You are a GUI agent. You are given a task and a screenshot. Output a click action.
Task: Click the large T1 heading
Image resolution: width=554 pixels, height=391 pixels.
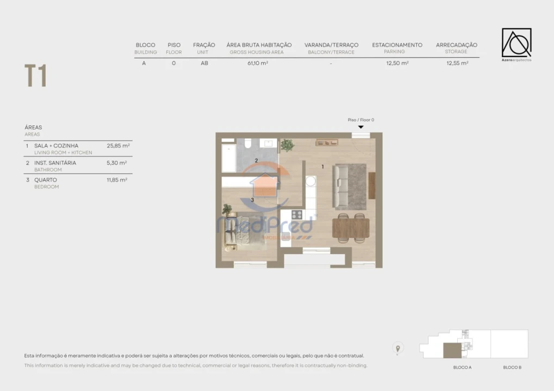(x=35, y=75)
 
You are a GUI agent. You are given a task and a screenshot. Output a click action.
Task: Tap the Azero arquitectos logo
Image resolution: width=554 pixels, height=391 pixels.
(x=516, y=43)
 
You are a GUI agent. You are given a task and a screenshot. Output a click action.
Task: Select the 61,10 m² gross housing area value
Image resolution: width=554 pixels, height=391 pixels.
(x=258, y=63)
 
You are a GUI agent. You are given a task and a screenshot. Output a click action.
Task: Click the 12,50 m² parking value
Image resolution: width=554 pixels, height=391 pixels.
(x=397, y=63)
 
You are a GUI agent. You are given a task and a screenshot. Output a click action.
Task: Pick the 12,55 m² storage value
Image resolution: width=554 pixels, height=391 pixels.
(x=457, y=63)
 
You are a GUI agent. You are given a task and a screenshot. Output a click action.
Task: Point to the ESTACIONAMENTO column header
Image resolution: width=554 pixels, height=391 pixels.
(x=397, y=45)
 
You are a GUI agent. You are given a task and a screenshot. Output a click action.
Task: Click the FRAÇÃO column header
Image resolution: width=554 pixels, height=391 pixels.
(x=204, y=45)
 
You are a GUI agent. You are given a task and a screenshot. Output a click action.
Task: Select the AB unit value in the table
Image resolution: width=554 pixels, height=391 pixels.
(x=204, y=63)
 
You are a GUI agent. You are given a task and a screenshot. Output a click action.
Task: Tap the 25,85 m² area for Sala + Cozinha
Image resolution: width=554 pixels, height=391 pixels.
(x=118, y=146)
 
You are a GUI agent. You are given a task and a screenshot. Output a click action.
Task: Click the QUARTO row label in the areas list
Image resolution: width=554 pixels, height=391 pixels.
(x=46, y=180)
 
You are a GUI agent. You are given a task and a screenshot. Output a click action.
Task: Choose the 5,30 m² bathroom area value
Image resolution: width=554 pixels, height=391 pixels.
(x=117, y=162)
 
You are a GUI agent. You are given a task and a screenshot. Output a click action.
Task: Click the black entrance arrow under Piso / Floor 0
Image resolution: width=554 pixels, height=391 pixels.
(x=360, y=127)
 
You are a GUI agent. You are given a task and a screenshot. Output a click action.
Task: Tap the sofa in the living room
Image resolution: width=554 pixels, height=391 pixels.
(x=341, y=186)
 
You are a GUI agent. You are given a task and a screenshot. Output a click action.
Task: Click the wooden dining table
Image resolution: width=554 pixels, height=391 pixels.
(x=351, y=228)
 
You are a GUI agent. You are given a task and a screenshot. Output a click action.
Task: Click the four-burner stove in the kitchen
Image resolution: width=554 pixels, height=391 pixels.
(x=297, y=215)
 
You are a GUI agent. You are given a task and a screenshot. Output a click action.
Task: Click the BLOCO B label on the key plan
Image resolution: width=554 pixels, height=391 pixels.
(x=512, y=368)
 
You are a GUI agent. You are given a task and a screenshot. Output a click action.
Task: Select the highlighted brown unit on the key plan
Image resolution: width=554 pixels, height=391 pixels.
(x=452, y=351)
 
